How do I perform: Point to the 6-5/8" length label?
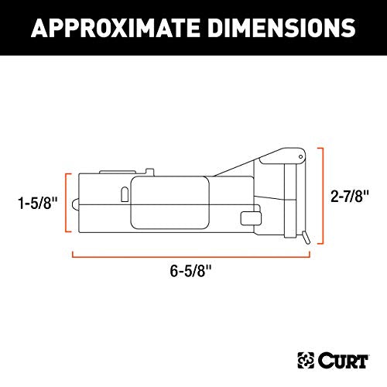pos(192,272)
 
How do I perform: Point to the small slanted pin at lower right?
pos(308,240)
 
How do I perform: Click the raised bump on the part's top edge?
pos(113,171)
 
